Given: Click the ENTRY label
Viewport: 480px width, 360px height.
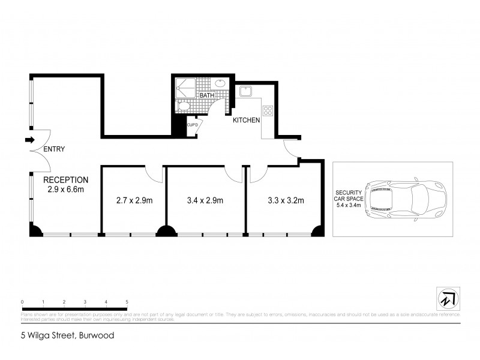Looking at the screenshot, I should point(55,149).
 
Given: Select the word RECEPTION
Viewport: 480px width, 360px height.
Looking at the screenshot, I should point(66,179).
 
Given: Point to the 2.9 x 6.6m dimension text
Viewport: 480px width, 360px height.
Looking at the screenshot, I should point(66,190).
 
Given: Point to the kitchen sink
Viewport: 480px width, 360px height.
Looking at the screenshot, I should point(245,91).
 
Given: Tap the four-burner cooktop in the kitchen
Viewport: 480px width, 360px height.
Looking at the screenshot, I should point(268,110).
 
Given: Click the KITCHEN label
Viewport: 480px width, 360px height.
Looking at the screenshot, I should point(247,120).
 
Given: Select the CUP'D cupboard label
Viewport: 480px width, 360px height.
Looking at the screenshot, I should point(193,125).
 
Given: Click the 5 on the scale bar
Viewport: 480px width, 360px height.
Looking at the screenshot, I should point(127,301).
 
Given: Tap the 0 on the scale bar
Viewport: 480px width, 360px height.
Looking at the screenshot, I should point(22,301).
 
